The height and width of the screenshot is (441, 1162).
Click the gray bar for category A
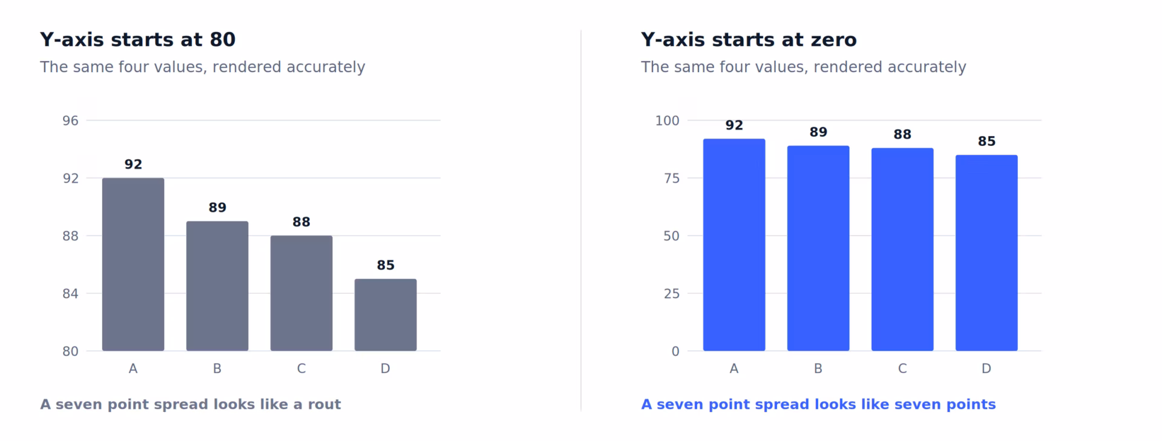click(x=133, y=264)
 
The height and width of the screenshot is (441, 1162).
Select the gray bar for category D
click(x=386, y=315)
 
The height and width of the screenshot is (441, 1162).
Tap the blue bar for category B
click(x=818, y=248)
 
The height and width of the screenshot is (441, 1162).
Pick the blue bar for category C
click(x=902, y=250)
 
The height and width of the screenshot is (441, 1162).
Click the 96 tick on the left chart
click(x=70, y=121)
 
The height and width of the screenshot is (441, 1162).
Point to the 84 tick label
click(x=70, y=294)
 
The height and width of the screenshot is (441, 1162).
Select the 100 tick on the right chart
click(x=667, y=121)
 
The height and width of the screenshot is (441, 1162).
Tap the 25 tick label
click(x=672, y=294)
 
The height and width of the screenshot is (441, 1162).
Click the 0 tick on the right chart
click(x=675, y=351)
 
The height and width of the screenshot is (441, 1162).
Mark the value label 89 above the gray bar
click(x=217, y=208)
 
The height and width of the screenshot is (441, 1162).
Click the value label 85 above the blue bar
click(x=986, y=141)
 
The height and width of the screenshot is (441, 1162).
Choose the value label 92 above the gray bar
click(x=133, y=164)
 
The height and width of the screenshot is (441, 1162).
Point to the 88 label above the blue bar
click(x=902, y=134)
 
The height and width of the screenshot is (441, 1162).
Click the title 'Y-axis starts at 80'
click(x=137, y=39)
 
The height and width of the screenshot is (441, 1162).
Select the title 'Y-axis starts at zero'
click(x=749, y=39)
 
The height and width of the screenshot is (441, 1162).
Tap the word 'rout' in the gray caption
click(x=324, y=405)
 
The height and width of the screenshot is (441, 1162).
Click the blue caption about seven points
click(x=818, y=405)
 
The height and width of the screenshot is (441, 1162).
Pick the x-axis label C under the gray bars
click(x=301, y=368)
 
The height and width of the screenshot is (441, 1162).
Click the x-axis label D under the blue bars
click(x=986, y=368)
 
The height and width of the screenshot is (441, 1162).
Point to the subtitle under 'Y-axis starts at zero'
click(x=803, y=67)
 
